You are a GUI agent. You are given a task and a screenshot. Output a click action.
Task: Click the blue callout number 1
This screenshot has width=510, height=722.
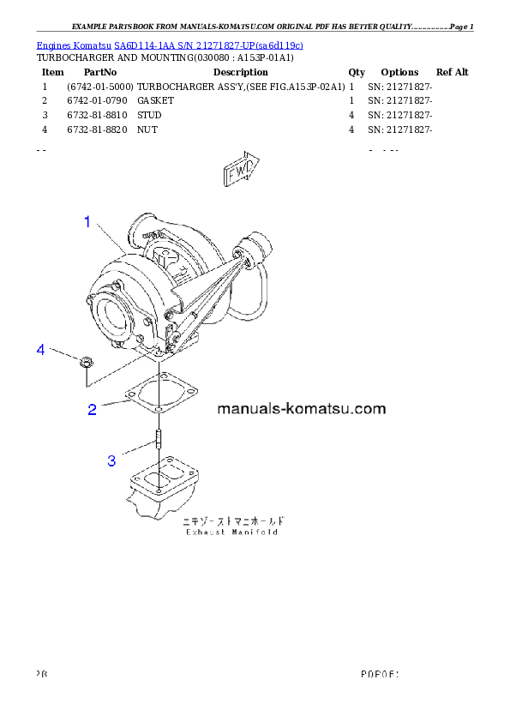click(87, 222)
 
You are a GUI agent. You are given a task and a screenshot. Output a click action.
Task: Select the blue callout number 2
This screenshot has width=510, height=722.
click(93, 410)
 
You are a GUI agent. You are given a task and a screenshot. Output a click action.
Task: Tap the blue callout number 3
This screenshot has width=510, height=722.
click(111, 461)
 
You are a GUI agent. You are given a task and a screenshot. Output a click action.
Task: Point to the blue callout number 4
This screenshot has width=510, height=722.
click(39, 350)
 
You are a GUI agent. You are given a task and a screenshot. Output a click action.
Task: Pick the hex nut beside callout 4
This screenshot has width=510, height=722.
click(84, 362)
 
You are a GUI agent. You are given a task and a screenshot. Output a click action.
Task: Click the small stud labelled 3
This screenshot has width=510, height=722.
click(159, 439)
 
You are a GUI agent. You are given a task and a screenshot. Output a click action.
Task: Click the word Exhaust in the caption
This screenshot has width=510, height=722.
click(206, 532)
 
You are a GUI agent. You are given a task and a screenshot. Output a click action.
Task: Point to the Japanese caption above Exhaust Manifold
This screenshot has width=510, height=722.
click(232, 520)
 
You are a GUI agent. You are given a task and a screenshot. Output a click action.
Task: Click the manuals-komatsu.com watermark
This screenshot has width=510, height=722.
click(302, 409)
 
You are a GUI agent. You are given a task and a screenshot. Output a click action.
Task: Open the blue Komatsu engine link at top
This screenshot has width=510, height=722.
click(170, 45)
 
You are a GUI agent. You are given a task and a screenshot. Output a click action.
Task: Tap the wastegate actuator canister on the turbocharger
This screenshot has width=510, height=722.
click(255, 250)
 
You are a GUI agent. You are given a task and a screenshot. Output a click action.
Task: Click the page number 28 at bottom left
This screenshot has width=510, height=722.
click(41, 673)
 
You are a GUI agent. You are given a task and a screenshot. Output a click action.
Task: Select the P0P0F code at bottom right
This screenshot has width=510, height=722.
click(381, 673)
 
